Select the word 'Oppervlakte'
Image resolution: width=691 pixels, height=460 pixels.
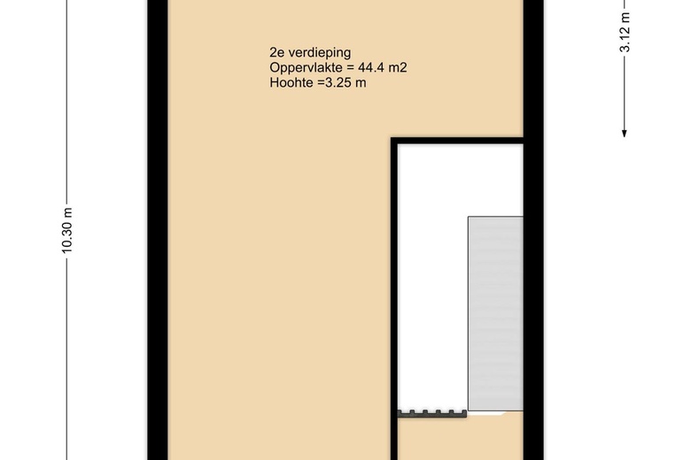[x=301, y=68]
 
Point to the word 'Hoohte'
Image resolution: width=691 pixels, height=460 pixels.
[x=290, y=84]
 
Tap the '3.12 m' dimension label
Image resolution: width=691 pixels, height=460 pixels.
[x=625, y=34]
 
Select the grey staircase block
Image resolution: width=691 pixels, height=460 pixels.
[x=495, y=314]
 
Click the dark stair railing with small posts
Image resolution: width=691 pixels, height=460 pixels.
[x=431, y=411]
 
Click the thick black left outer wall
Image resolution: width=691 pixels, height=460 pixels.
[x=154, y=230]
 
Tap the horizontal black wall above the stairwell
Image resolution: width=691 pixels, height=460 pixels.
[x=456, y=141]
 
